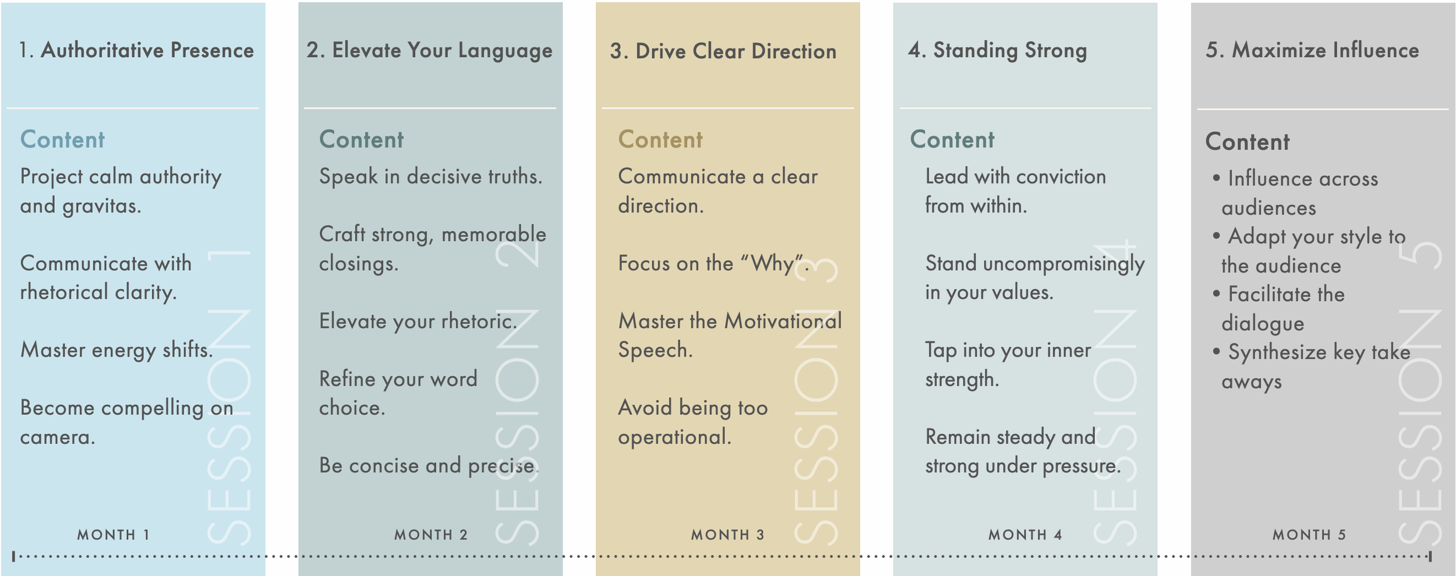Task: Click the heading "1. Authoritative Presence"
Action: [136, 51]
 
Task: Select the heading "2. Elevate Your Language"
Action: [429, 51]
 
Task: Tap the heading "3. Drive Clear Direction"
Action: [723, 52]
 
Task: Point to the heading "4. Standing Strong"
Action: [997, 51]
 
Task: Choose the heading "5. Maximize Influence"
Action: [1312, 51]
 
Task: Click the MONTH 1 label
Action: [114, 535]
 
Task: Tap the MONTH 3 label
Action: [727, 535]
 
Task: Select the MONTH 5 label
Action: [1309, 535]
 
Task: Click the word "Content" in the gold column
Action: [660, 140]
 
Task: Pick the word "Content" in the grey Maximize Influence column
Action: [1248, 142]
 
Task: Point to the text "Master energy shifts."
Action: [116, 350]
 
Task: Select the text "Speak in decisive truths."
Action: [430, 176]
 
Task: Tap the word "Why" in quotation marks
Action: [772, 264]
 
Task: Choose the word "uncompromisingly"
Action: [1063, 264]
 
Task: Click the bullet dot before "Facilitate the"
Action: [1216, 294]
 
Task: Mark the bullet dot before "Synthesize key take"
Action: [1216, 351]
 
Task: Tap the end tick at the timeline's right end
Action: [1430, 556]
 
